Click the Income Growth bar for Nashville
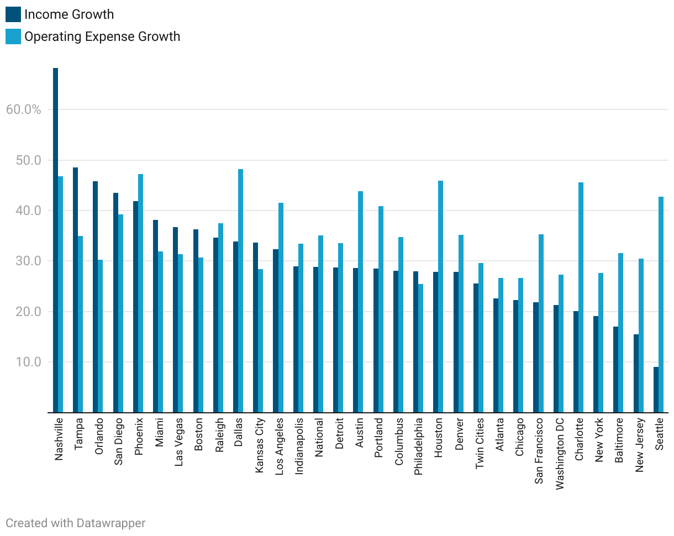click(55, 240)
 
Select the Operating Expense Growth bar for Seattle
click(661, 304)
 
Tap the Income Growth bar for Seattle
click(656, 390)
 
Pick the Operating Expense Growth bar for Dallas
click(240, 291)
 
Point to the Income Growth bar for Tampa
click(75, 290)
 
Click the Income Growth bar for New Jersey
click(636, 374)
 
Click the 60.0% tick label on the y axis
click(24, 109)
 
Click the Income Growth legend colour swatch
click(13, 14)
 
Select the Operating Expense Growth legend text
click(102, 37)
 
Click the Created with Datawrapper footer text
click(76, 523)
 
